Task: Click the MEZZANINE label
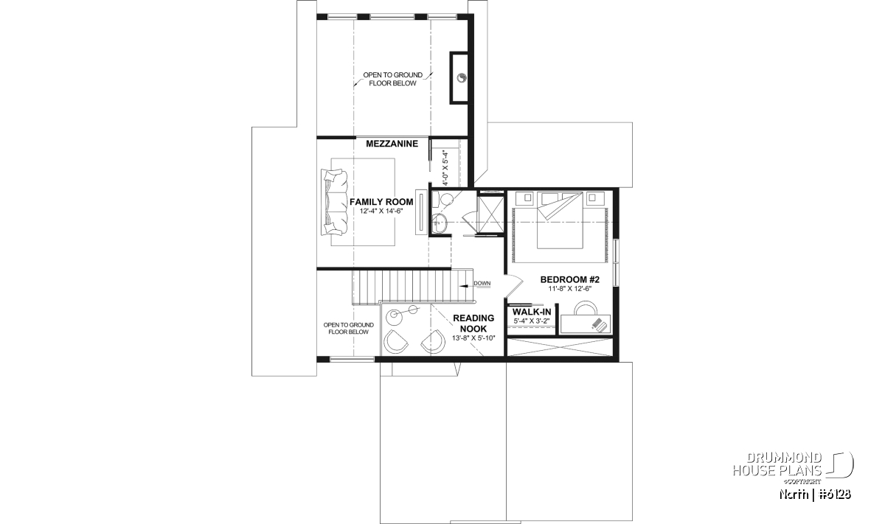pyautogui.click(x=392, y=144)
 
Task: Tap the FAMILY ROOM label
pyautogui.click(x=381, y=202)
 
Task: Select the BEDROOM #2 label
pyautogui.click(x=569, y=279)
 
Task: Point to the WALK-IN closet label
pyautogui.click(x=532, y=312)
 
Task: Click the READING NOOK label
pyautogui.click(x=473, y=323)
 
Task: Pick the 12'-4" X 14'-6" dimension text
pyautogui.click(x=381, y=212)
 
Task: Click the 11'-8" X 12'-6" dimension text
pyautogui.click(x=569, y=289)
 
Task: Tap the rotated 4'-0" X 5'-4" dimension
pyautogui.click(x=445, y=168)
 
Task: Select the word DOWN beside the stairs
pyautogui.click(x=482, y=283)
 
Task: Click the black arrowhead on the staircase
pyautogui.click(x=462, y=285)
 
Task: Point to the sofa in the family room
pyautogui.click(x=334, y=202)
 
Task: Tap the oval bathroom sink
pyautogui.click(x=439, y=223)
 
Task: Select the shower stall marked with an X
pyautogui.click(x=490, y=213)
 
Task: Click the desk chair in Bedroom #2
pyautogui.click(x=585, y=308)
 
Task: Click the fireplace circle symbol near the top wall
pyautogui.click(x=462, y=78)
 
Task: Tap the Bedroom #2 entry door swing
pyautogui.click(x=513, y=282)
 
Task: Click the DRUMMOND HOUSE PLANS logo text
pyautogui.click(x=777, y=464)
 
